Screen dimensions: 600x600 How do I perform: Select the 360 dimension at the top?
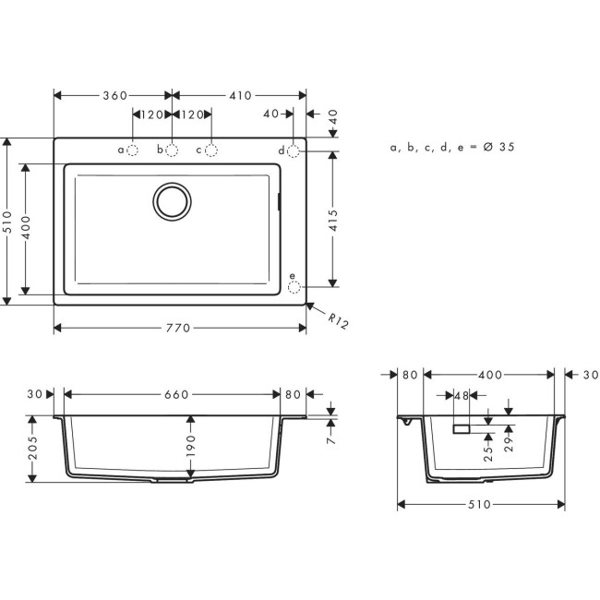pyautogui.click(x=114, y=95)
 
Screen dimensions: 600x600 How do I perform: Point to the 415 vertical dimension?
pyautogui.click(x=332, y=220)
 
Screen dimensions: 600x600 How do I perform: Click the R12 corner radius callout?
pyautogui.click(x=337, y=322)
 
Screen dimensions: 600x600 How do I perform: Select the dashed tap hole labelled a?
pyautogui.click(x=132, y=150)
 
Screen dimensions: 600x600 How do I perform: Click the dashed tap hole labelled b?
pyautogui.click(x=172, y=150)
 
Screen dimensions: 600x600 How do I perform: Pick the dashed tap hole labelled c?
pyautogui.click(x=211, y=150)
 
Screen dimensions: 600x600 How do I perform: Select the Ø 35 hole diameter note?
pyautogui.click(x=452, y=147)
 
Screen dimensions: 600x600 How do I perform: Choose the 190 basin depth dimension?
pyautogui.click(x=191, y=448)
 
